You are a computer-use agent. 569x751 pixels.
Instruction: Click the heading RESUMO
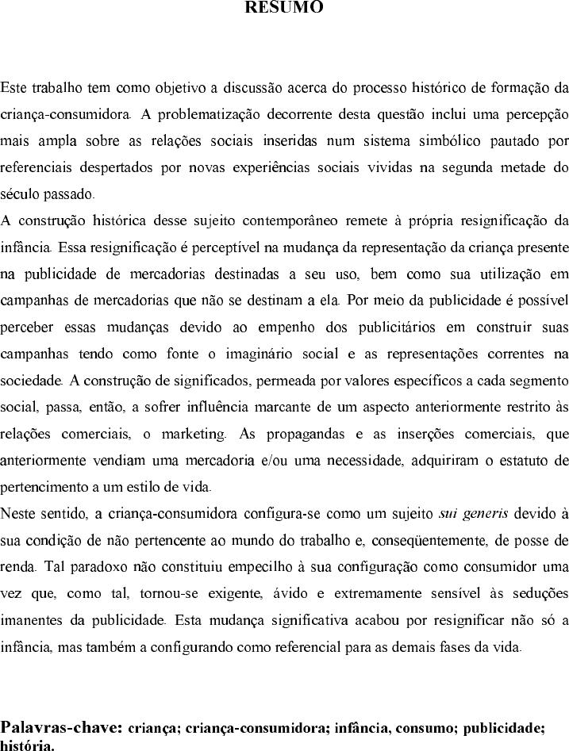tap(284, 8)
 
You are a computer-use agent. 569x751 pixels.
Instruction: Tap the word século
tap(19, 193)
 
